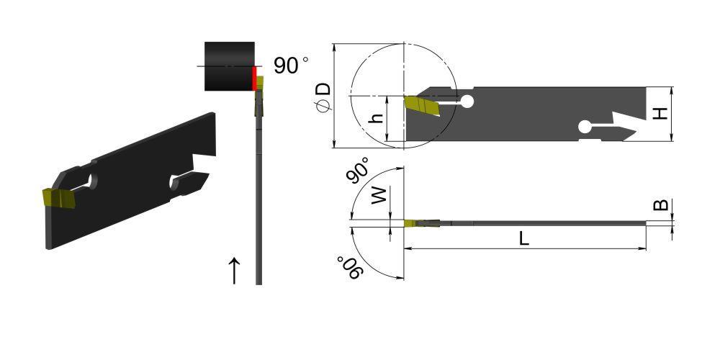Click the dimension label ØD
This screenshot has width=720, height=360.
point(324,97)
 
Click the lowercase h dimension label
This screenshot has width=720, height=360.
point(377,119)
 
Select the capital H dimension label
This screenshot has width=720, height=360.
point(660,112)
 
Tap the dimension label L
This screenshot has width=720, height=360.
point(524,238)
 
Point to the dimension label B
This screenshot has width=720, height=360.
point(661,204)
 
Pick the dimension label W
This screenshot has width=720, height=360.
point(379,195)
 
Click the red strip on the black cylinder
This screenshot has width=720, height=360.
point(254,78)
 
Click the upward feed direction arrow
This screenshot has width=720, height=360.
point(234,271)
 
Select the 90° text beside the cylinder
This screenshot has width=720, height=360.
point(291,66)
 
